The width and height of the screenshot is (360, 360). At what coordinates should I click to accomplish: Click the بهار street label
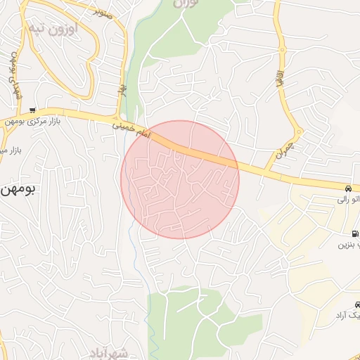click(121, 91)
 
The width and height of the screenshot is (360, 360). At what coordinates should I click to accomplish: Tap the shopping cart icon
click(32, 110)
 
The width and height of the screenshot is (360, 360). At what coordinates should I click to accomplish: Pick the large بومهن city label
click(17, 189)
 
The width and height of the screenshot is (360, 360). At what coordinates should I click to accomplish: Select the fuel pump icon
click(354, 233)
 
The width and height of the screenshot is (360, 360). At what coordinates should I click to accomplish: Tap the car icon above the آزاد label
click(357, 304)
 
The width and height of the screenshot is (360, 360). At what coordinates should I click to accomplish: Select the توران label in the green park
click(186, 4)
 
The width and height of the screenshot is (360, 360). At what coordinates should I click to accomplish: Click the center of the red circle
click(180, 180)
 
